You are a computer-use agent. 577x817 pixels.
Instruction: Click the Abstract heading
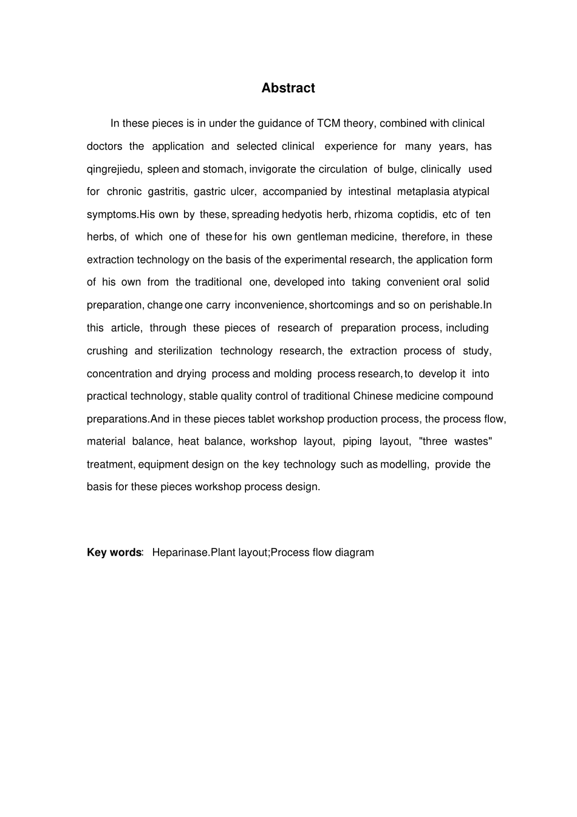(288, 88)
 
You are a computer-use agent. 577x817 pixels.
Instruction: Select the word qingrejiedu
(114, 169)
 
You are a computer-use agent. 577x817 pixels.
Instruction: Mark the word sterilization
(185, 350)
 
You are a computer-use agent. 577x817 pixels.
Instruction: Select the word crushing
(108, 350)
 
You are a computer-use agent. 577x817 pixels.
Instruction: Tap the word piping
(357, 442)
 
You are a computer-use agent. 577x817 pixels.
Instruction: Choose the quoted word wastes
(473, 442)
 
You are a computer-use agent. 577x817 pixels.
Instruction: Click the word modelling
(405, 465)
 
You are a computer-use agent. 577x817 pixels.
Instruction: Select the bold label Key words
(114, 552)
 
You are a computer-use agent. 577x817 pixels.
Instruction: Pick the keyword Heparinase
(180, 552)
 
